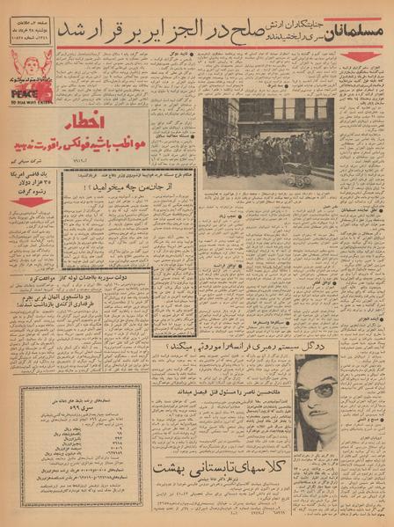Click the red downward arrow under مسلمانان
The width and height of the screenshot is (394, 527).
pos(361,56)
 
